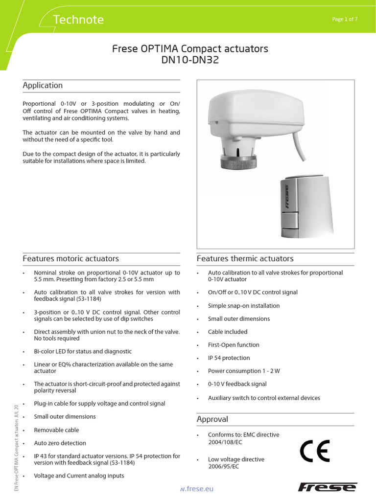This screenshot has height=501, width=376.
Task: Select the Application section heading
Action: point(43,86)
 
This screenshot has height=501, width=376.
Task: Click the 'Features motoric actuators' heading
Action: point(70,258)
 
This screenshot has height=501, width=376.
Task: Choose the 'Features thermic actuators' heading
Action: point(245,258)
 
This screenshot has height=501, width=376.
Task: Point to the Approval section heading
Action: point(212,419)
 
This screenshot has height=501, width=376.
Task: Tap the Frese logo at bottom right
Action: point(328,487)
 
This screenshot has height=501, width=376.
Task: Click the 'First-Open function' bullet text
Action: point(234,345)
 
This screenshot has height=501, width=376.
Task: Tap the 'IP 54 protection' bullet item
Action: point(229,358)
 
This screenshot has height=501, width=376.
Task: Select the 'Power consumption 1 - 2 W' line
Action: point(244,371)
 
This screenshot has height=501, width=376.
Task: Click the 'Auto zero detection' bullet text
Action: point(60,443)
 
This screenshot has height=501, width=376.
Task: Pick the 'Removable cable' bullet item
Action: point(56,430)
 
